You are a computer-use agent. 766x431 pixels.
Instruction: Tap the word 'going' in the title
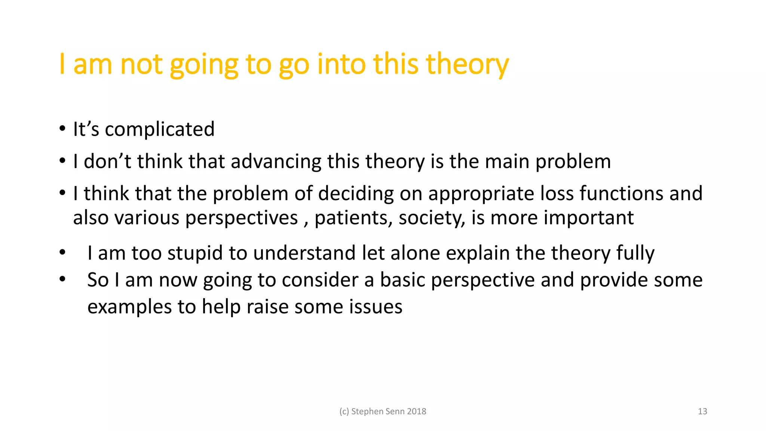(x=204, y=64)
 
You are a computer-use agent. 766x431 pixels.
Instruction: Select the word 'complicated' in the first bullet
(x=160, y=129)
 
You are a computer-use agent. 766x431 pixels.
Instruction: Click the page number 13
(x=702, y=412)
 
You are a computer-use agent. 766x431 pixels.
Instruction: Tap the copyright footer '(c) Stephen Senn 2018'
(x=383, y=412)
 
